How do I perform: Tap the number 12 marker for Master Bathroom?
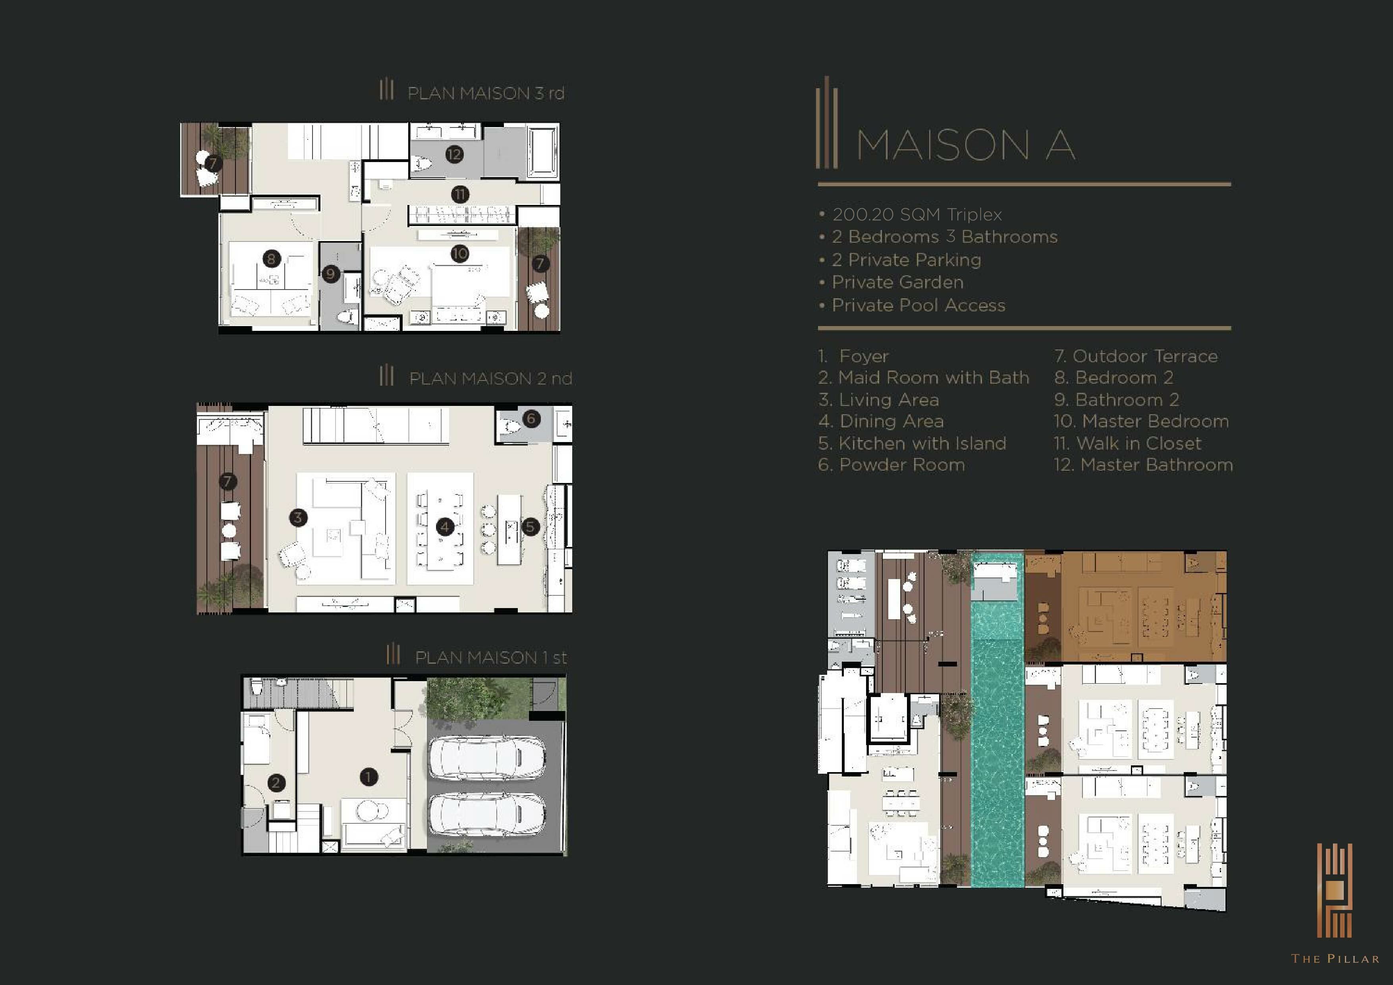tap(454, 154)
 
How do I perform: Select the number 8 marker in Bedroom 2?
tap(271, 259)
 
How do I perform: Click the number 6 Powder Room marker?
tap(531, 418)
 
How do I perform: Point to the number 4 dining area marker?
tap(445, 526)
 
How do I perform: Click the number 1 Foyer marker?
tap(368, 777)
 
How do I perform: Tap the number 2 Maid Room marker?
tap(276, 782)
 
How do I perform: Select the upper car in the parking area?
tap(487, 757)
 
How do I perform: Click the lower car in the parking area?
tap(487, 815)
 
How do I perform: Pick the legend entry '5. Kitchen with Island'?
tap(912, 443)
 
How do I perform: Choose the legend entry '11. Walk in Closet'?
tap(1127, 443)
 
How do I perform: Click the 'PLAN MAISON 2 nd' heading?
tap(490, 379)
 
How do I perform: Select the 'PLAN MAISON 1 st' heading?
tap(490, 657)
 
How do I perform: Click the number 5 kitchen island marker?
tap(530, 526)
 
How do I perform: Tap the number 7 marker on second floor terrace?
tap(228, 481)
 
